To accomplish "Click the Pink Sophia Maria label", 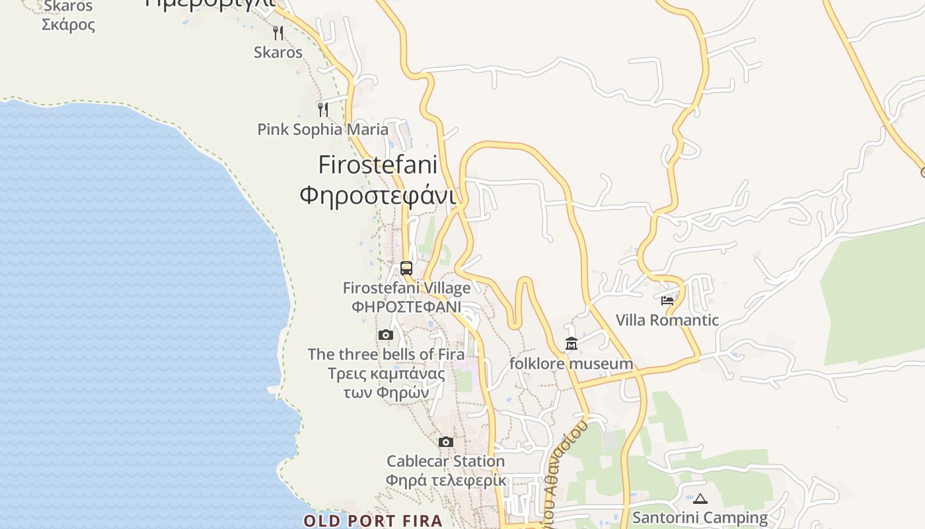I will pos(322,129).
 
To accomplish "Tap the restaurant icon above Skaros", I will pos(278,32).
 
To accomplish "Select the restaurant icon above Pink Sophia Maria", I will pos(322,109).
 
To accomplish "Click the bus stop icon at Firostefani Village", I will pos(406,268).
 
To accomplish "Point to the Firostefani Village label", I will pos(406,288).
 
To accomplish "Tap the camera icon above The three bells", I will pos(386,335).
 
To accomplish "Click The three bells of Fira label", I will pos(386,354).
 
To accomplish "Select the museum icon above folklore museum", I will pos(572,344).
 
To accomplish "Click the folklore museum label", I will pos(571,364).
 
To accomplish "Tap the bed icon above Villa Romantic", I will pos(667,300).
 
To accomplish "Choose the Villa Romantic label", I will pos(667,320).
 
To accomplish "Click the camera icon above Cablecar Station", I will pos(446,442).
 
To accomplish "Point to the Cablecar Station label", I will pos(445,461).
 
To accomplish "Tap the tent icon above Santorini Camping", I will pos(700,499).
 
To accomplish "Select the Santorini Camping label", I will pos(700,517).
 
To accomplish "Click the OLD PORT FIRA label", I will pos(373,520).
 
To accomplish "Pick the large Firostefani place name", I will pos(378,165).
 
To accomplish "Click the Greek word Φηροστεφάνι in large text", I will pos(378,196).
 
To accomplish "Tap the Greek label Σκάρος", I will pos(68,25).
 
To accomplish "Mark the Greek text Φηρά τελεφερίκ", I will pos(445,480).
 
